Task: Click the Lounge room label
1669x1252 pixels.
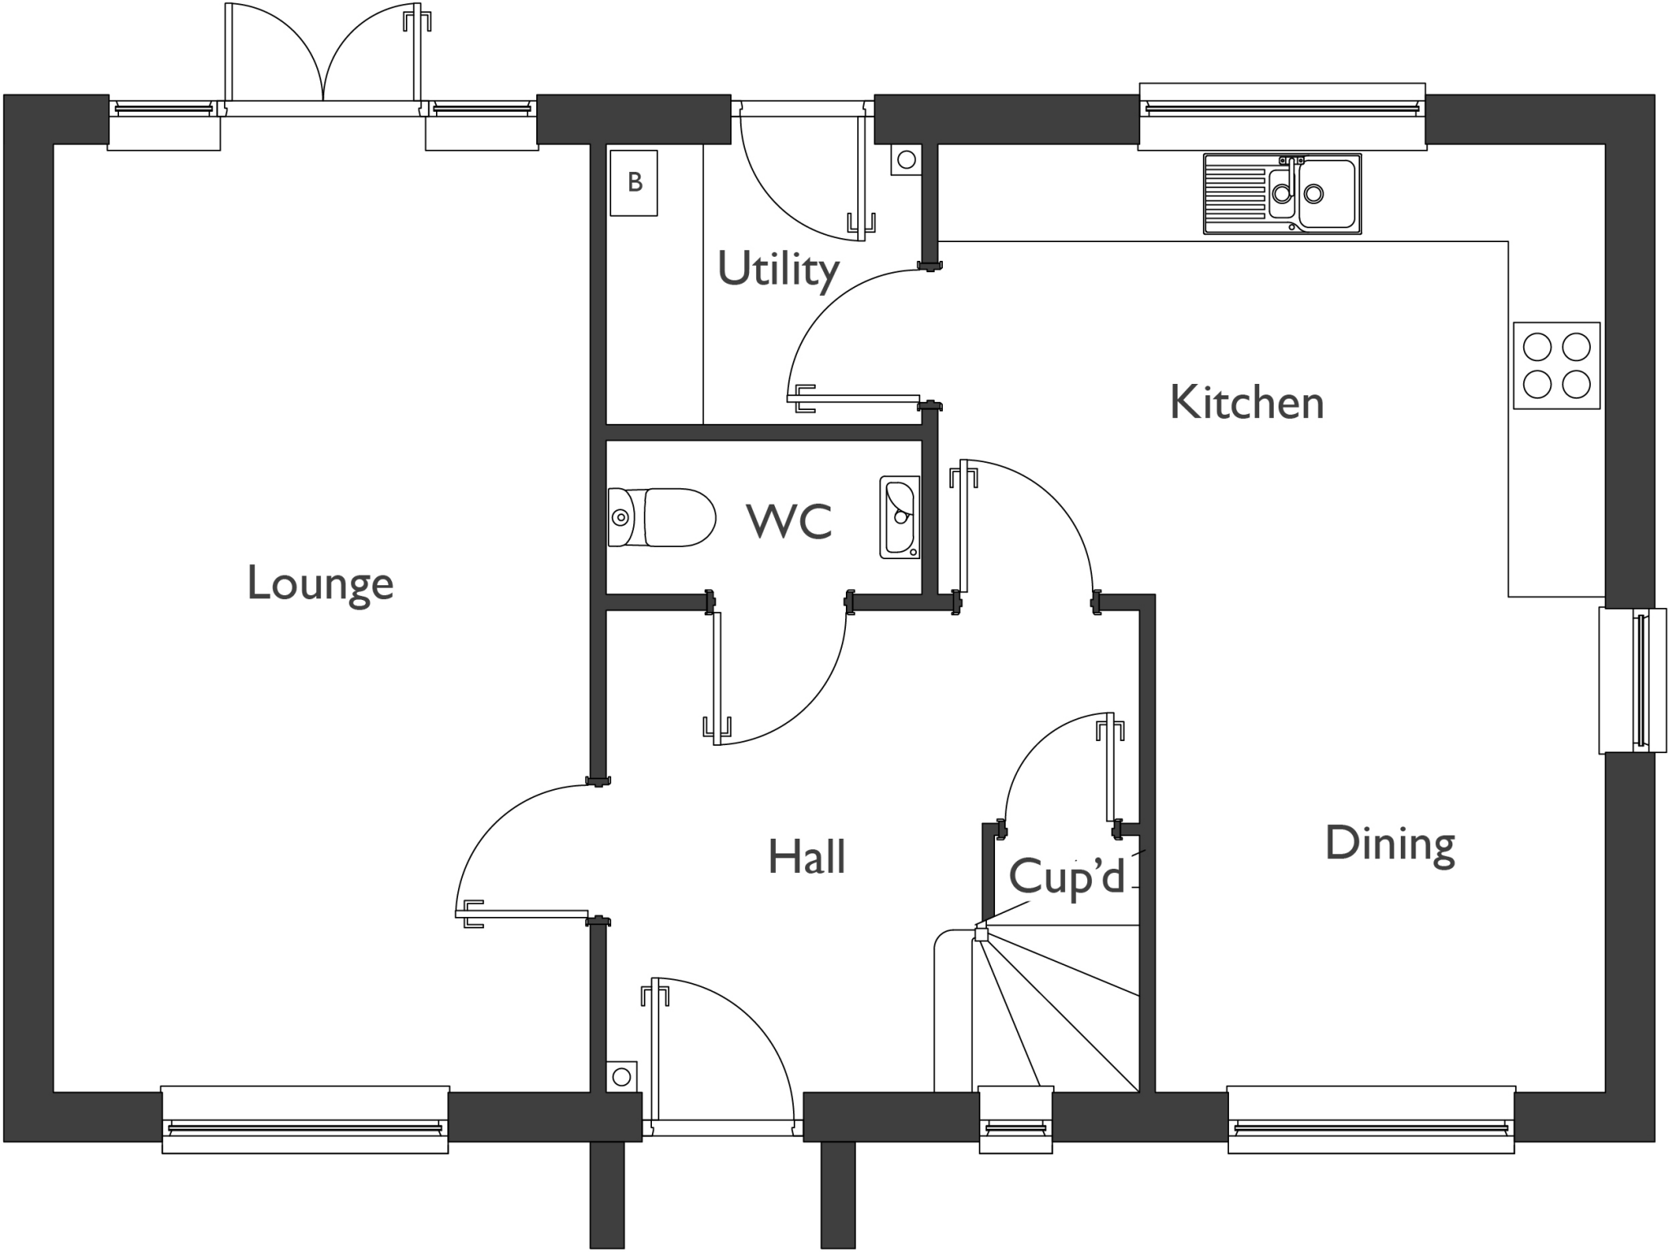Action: tap(320, 584)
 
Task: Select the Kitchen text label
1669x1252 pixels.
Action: tap(1246, 403)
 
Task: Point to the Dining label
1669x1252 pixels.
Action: tap(1389, 843)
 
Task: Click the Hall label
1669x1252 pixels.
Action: tap(806, 857)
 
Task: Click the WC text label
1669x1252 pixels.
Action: tap(789, 521)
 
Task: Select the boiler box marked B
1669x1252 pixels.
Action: tap(634, 183)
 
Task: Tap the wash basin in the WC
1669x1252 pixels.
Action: tap(900, 517)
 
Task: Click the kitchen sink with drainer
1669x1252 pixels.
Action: tap(1281, 194)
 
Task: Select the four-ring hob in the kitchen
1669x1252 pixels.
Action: tap(1556, 365)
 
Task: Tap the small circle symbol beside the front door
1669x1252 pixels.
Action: tap(621, 1078)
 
